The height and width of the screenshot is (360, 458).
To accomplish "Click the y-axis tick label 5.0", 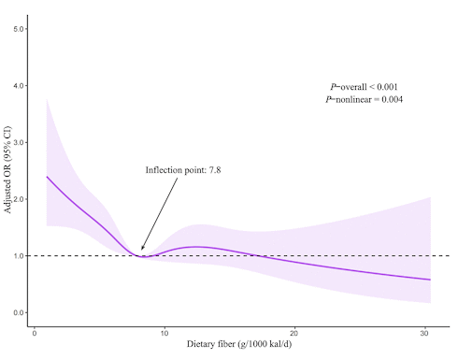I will coord(19,29).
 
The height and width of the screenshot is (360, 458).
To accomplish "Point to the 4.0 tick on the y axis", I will coord(19,86).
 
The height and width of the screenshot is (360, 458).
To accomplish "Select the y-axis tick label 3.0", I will coord(19,142).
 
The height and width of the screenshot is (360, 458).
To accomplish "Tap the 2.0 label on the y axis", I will coord(19,199).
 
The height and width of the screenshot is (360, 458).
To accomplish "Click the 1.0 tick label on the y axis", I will coord(19,255).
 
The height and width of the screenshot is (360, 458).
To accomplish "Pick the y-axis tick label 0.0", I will coord(19,312).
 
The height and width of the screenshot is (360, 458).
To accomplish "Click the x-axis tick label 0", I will coord(34,334).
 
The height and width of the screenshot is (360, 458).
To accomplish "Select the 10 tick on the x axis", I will coord(165,334).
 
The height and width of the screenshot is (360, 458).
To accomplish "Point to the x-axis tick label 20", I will coord(295,334).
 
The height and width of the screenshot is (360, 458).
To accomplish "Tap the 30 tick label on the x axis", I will coord(426,334).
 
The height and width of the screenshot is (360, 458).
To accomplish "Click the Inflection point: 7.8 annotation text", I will coord(182,170).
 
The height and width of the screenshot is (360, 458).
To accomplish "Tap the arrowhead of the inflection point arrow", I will coord(142,250).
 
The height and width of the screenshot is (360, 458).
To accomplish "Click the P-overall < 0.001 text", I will coord(364,87).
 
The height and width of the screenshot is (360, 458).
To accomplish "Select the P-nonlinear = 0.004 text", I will coord(364,99).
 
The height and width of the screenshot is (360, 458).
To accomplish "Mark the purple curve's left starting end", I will coord(47,177).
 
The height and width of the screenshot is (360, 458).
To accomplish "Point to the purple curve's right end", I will coord(430,280).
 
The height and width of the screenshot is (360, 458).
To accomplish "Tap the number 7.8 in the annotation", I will coord(212,170).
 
